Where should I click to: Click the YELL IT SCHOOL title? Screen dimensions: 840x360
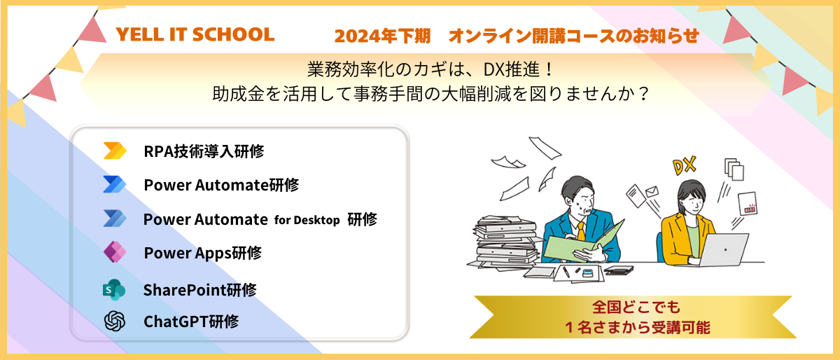point(195,34)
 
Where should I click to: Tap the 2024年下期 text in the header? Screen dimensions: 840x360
point(382,36)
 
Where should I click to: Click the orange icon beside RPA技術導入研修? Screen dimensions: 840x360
point(115,151)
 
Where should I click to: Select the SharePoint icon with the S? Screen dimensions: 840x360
point(114,290)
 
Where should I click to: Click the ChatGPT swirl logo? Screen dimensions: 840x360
point(115,321)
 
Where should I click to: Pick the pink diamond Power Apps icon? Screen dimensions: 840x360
point(115,252)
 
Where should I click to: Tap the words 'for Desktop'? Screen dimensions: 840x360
point(307,220)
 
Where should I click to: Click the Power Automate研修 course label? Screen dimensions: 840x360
point(221,185)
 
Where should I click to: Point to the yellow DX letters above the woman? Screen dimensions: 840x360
point(685,166)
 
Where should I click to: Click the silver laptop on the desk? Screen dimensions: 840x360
point(722,249)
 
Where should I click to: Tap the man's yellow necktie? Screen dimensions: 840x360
point(581,231)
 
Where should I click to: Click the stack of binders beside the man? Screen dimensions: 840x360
point(505,242)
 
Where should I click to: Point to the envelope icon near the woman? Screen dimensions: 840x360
point(652,191)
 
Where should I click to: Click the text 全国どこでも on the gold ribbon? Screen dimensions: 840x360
point(636,307)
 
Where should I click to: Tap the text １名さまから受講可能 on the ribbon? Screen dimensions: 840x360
point(637,327)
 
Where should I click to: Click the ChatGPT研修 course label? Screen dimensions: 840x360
point(191,321)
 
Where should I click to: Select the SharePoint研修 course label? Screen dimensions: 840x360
point(200,290)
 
